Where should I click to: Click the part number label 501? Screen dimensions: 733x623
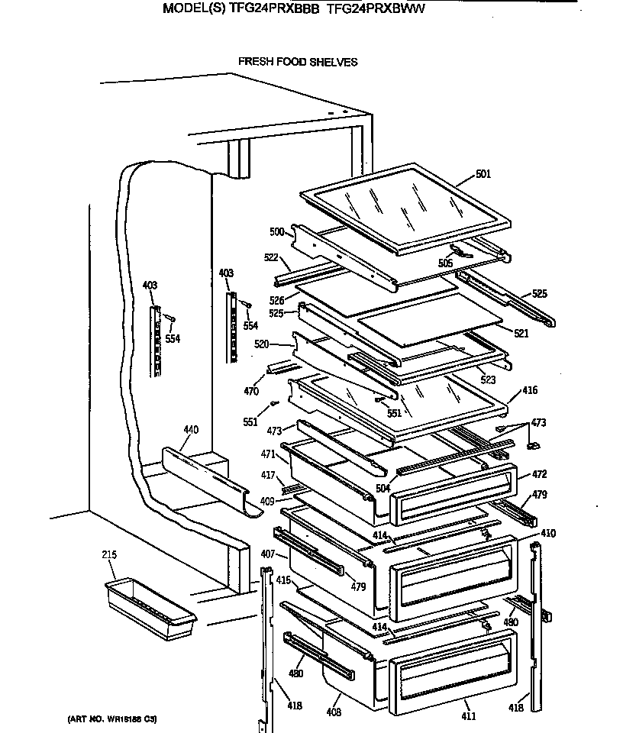483,174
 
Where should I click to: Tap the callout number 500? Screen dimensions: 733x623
276,231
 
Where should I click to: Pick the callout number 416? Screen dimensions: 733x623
530,390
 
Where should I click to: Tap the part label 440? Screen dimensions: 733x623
190,430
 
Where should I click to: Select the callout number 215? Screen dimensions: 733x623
110,554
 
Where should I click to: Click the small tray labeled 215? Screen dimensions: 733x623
150,603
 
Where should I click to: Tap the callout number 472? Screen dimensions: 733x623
539,474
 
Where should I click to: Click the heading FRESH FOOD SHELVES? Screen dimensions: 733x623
298,62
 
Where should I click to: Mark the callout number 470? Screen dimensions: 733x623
251,392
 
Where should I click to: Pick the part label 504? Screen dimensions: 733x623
383,488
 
